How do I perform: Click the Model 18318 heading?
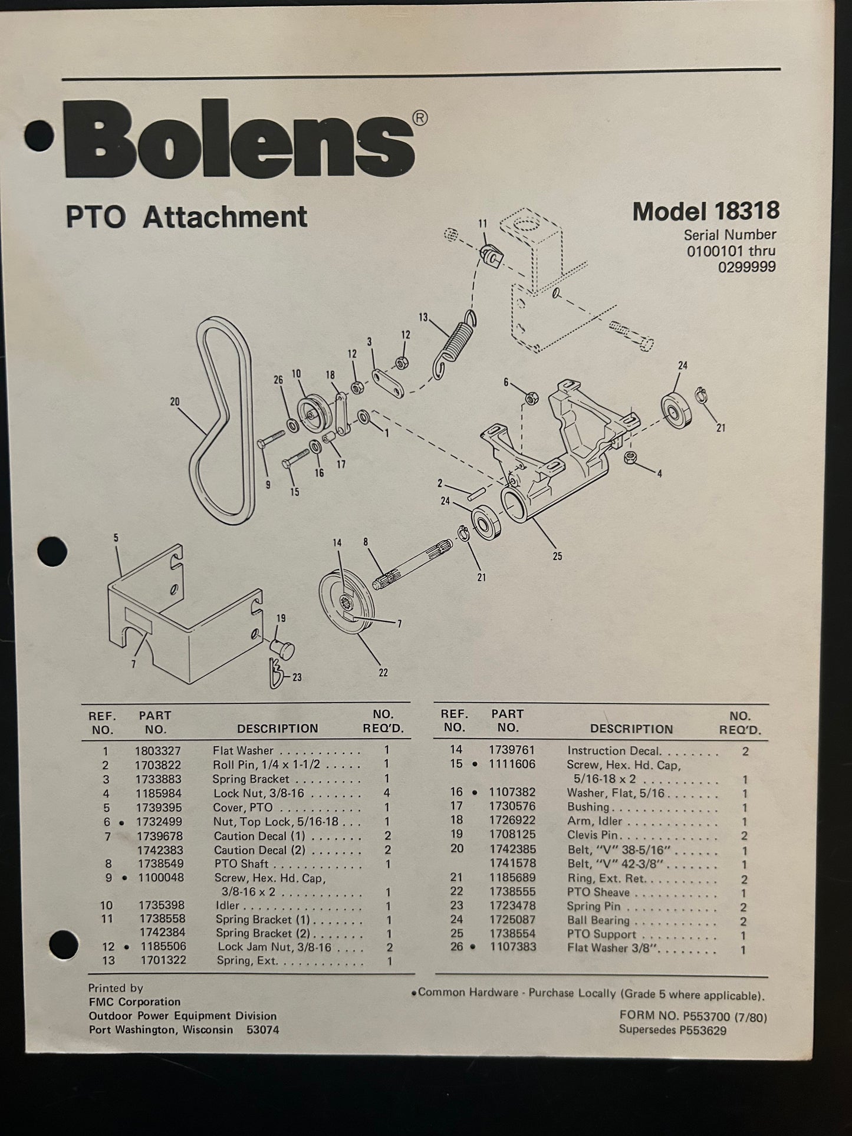pos(705,211)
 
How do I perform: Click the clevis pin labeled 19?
pos(282,649)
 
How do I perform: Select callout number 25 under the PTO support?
pos(557,556)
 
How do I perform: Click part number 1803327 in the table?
pos(158,751)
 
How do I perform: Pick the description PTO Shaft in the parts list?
pos(242,864)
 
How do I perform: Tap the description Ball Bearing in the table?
pos(598,920)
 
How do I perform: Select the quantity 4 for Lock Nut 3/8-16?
pos(387,793)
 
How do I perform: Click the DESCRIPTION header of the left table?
pos(277,729)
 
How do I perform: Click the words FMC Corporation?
pos(134,1002)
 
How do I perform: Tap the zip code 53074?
pos(262,1030)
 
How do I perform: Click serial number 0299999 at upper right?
pos(746,267)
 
